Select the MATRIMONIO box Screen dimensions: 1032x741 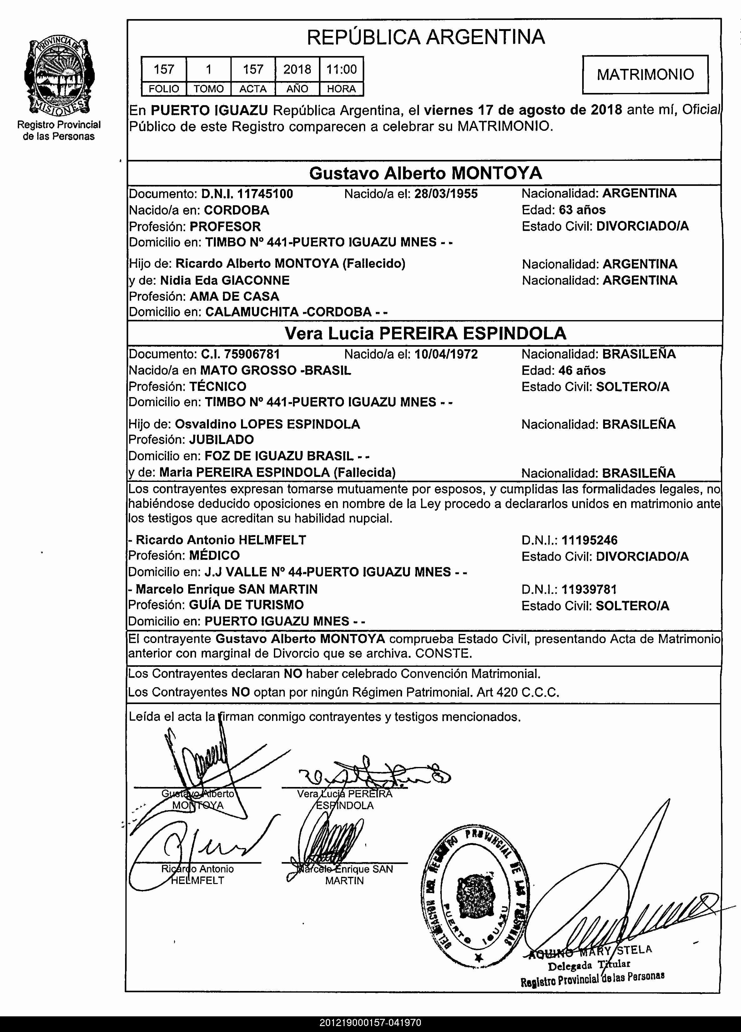[x=645, y=74]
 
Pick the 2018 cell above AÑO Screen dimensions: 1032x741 [x=297, y=69]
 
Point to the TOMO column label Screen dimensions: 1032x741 [x=209, y=89]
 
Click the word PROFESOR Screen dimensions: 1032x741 [x=225, y=227]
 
